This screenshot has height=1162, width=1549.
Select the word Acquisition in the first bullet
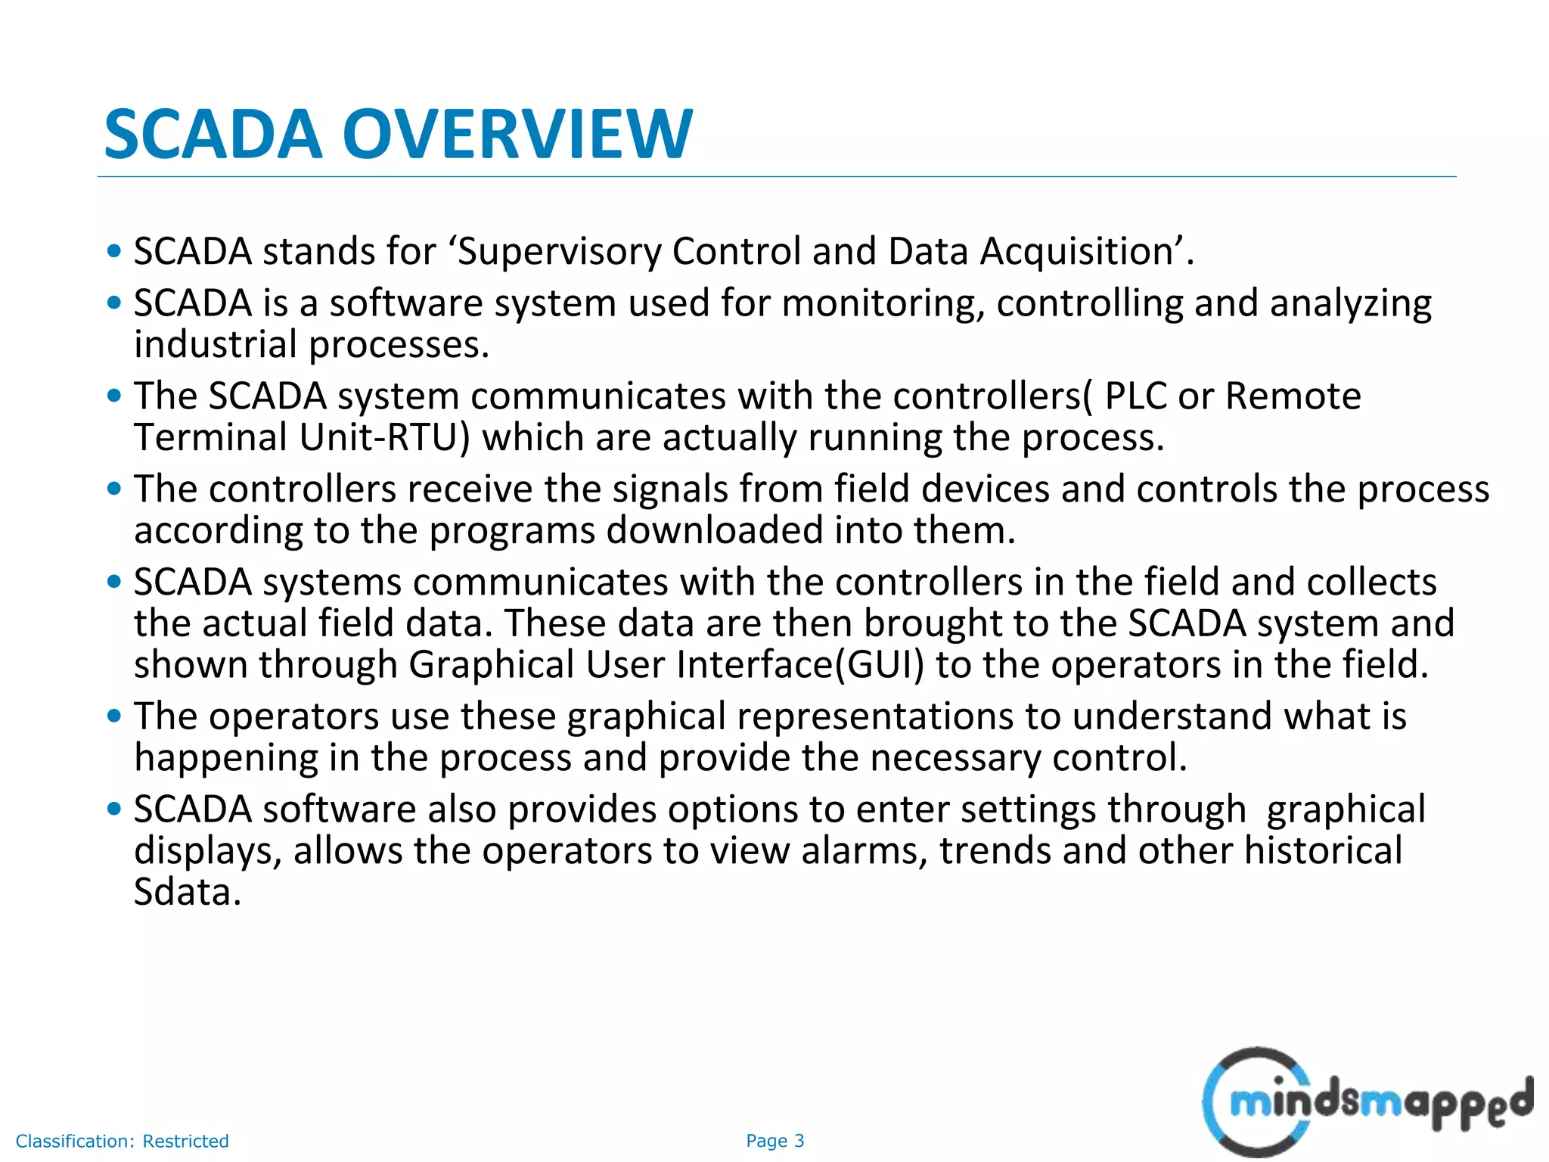click(1076, 252)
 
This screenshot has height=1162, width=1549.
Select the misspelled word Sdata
click(187, 893)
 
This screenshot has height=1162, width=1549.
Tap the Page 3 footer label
click(774, 1141)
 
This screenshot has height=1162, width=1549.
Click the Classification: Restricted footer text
click(122, 1141)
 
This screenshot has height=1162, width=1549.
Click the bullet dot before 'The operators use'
click(114, 716)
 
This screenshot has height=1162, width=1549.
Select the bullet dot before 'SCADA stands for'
click(114, 251)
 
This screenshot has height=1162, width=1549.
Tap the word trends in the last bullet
click(995, 851)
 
